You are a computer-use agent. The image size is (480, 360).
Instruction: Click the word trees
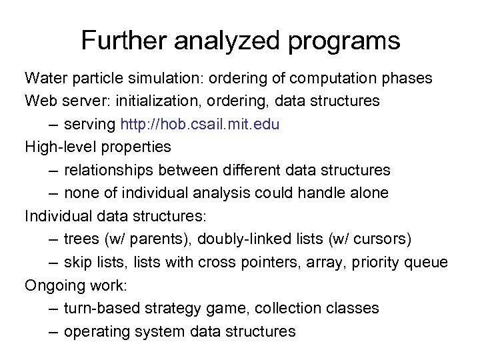(x=81, y=239)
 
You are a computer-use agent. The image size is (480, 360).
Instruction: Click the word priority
(x=379, y=263)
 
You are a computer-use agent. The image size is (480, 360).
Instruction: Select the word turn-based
(x=99, y=308)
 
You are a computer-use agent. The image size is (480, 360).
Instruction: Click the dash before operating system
(x=53, y=331)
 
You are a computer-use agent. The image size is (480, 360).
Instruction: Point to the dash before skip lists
(x=53, y=262)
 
